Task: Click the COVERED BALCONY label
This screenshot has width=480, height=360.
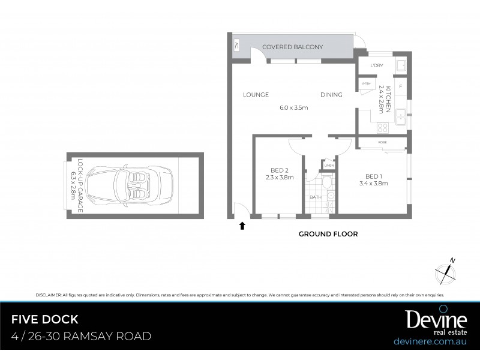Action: coord(292,47)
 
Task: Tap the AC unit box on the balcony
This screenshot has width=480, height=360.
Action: coord(236,46)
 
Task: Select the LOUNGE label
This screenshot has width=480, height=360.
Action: coord(256,95)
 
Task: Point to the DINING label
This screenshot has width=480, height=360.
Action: coord(331,95)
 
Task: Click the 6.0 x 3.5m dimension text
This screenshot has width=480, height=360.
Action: coord(293,108)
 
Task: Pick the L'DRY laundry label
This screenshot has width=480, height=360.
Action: coord(377,65)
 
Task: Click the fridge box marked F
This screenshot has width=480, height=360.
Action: coord(400,86)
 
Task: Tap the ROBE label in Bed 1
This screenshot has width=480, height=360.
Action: coord(382,142)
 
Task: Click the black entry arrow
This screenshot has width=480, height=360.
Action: coord(242,226)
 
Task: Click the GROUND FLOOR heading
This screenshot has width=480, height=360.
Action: coord(328,234)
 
